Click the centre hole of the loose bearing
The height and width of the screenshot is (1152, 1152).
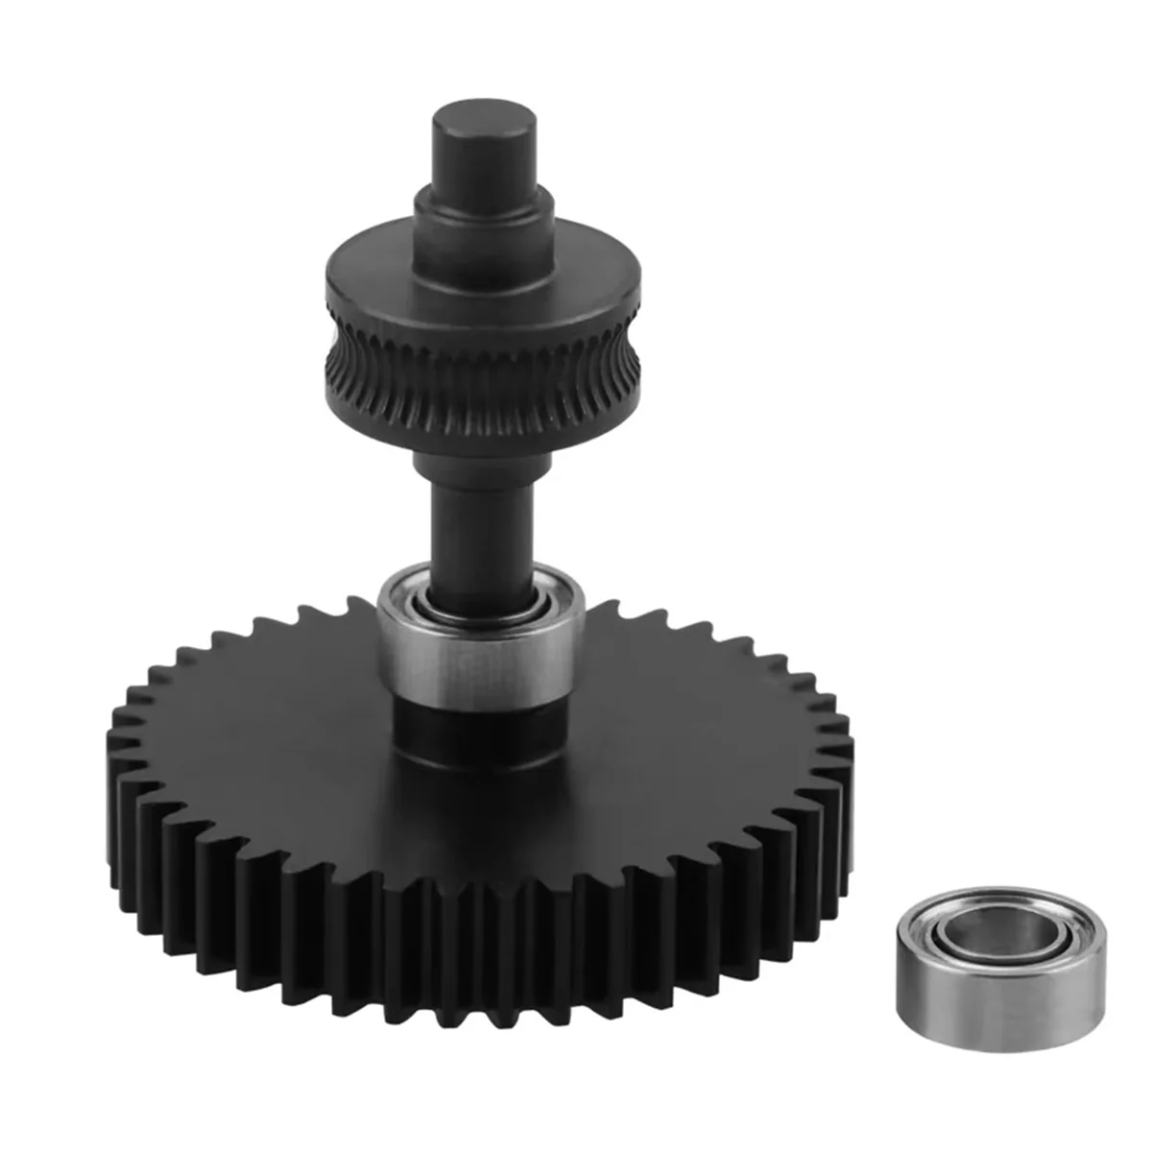970,925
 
